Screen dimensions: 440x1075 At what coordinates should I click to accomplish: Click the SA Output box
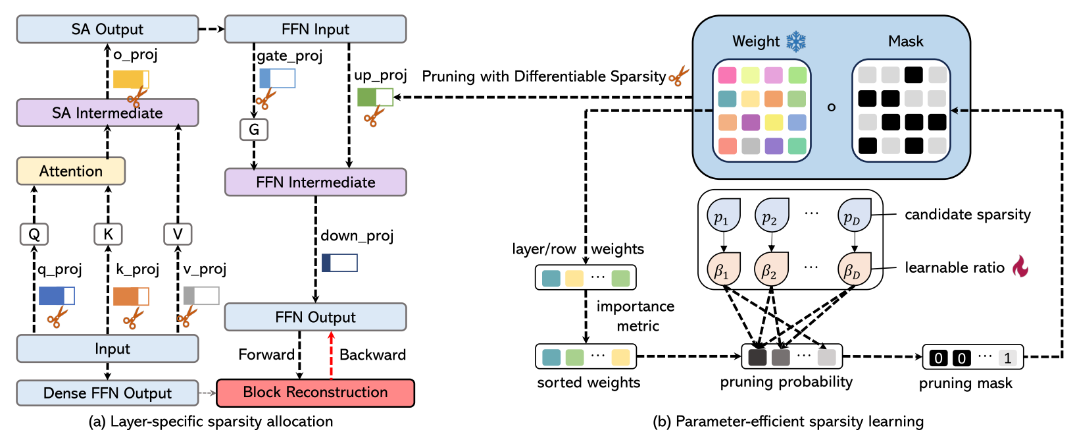click(x=107, y=30)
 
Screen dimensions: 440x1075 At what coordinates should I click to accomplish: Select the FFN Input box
click(x=315, y=30)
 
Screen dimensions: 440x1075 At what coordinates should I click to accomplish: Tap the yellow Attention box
click(x=70, y=171)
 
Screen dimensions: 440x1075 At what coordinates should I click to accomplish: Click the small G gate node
click(x=254, y=130)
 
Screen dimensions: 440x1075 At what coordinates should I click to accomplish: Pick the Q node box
click(x=34, y=234)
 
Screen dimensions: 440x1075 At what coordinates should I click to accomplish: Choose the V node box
click(x=178, y=234)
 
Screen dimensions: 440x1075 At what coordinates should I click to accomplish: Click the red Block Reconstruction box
click(x=315, y=393)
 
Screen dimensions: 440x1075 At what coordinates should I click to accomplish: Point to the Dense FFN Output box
click(x=107, y=393)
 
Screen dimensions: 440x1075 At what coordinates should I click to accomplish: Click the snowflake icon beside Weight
click(x=796, y=41)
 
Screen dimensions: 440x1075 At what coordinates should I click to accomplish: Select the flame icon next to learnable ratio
click(x=1020, y=266)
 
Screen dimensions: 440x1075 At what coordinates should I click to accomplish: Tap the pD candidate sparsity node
click(x=853, y=216)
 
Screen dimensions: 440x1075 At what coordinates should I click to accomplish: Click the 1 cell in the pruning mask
click(x=1007, y=358)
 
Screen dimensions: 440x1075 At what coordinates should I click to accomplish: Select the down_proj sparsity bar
click(x=339, y=263)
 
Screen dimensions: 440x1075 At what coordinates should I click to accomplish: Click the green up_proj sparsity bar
click(x=375, y=97)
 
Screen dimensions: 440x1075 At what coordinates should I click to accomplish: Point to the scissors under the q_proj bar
click(x=57, y=318)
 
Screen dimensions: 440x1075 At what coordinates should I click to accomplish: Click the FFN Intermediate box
click(x=315, y=182)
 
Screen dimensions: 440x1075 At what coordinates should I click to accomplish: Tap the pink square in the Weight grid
click(x=727, y=75)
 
